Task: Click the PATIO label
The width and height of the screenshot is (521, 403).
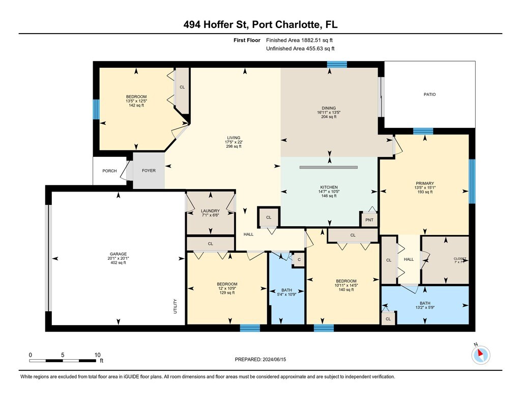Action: (429, 95)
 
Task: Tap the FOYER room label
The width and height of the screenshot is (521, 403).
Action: (149, 171)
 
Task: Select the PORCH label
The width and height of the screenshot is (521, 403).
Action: (109, 171)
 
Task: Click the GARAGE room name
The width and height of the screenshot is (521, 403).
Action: (118, 254)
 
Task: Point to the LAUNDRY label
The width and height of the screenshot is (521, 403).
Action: (210, 211)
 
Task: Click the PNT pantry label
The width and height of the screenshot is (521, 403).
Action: (369, 220)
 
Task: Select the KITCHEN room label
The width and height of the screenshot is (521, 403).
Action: (329, 187)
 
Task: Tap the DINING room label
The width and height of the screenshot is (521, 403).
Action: (329, 108)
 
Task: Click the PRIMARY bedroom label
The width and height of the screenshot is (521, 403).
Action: (425, 183)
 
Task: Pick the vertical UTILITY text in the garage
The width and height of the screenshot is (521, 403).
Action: (175, 306)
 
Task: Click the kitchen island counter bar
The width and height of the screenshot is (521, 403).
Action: (329, 168)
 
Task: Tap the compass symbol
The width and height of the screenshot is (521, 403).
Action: (480, 355)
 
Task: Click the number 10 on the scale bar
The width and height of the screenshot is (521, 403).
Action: (97, 355)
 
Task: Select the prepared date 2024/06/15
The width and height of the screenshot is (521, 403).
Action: (274, 359)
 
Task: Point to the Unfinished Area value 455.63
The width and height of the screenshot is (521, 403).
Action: (315, 48)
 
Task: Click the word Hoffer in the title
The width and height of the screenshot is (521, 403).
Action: (216, 24)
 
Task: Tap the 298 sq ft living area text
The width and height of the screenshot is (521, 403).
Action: (234, 146)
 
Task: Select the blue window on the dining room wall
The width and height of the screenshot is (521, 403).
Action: (337, 65)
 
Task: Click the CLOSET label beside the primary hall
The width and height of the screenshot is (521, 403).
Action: (460, 259)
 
